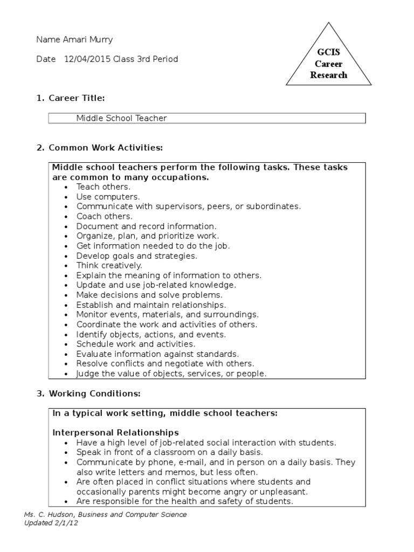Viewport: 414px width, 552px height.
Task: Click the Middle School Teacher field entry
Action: coord(121,118)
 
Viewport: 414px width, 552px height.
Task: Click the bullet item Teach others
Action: coord(103,187)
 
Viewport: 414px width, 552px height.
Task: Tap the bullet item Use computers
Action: coord(108,197)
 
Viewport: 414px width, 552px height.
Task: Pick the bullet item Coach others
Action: coord(104,216)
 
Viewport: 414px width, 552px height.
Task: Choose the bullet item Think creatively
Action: coord(109,265)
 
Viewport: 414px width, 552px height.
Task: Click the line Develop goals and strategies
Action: coord(136,256)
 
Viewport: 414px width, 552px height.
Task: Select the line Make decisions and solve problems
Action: coord(149,295)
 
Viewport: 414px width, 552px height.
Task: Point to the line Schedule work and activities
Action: coord(136,344)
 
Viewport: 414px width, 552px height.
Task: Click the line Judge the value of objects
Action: coord(171,374)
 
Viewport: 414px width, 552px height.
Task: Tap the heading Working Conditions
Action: coord(95,394)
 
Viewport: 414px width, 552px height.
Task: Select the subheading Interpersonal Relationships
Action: coord(115,432)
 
